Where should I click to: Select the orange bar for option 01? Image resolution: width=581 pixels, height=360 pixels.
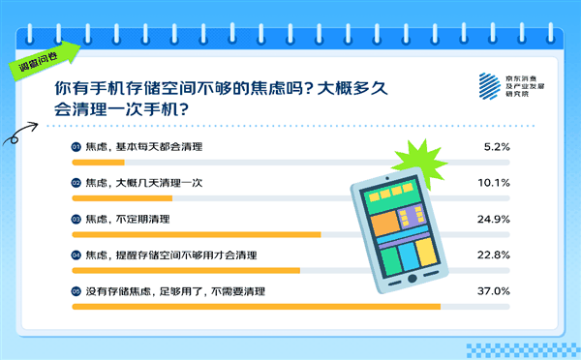click(98, 163)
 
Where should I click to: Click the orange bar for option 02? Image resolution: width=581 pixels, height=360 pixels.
click(122, 198)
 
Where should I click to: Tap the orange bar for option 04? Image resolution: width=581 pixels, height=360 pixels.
click(186, 270)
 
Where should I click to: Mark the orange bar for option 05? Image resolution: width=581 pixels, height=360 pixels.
click(256, 307)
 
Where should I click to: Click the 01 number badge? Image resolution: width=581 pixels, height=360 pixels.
click(76, 146)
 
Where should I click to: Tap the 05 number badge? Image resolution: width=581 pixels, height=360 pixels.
click(76, 291)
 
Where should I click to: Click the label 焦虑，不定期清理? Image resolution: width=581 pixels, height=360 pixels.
click(121, 219)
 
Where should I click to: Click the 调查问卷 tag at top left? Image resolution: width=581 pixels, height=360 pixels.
click(40, 58)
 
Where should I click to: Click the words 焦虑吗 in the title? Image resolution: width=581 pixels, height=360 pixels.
click(280, 86)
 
